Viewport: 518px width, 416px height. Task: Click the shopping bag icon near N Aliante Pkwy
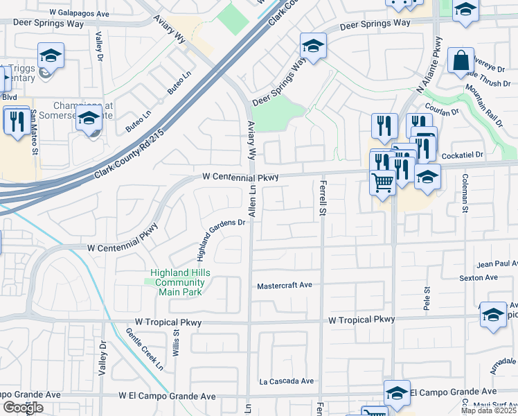461,62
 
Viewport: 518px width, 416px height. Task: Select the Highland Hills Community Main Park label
179,282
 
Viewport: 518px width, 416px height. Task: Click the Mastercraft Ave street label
285,286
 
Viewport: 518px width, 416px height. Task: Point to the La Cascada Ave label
287,381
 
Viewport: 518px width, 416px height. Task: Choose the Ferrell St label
322,199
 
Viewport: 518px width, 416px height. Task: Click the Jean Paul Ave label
497,264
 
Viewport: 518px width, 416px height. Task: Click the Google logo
23,408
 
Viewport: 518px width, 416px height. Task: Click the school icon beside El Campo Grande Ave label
397,392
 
